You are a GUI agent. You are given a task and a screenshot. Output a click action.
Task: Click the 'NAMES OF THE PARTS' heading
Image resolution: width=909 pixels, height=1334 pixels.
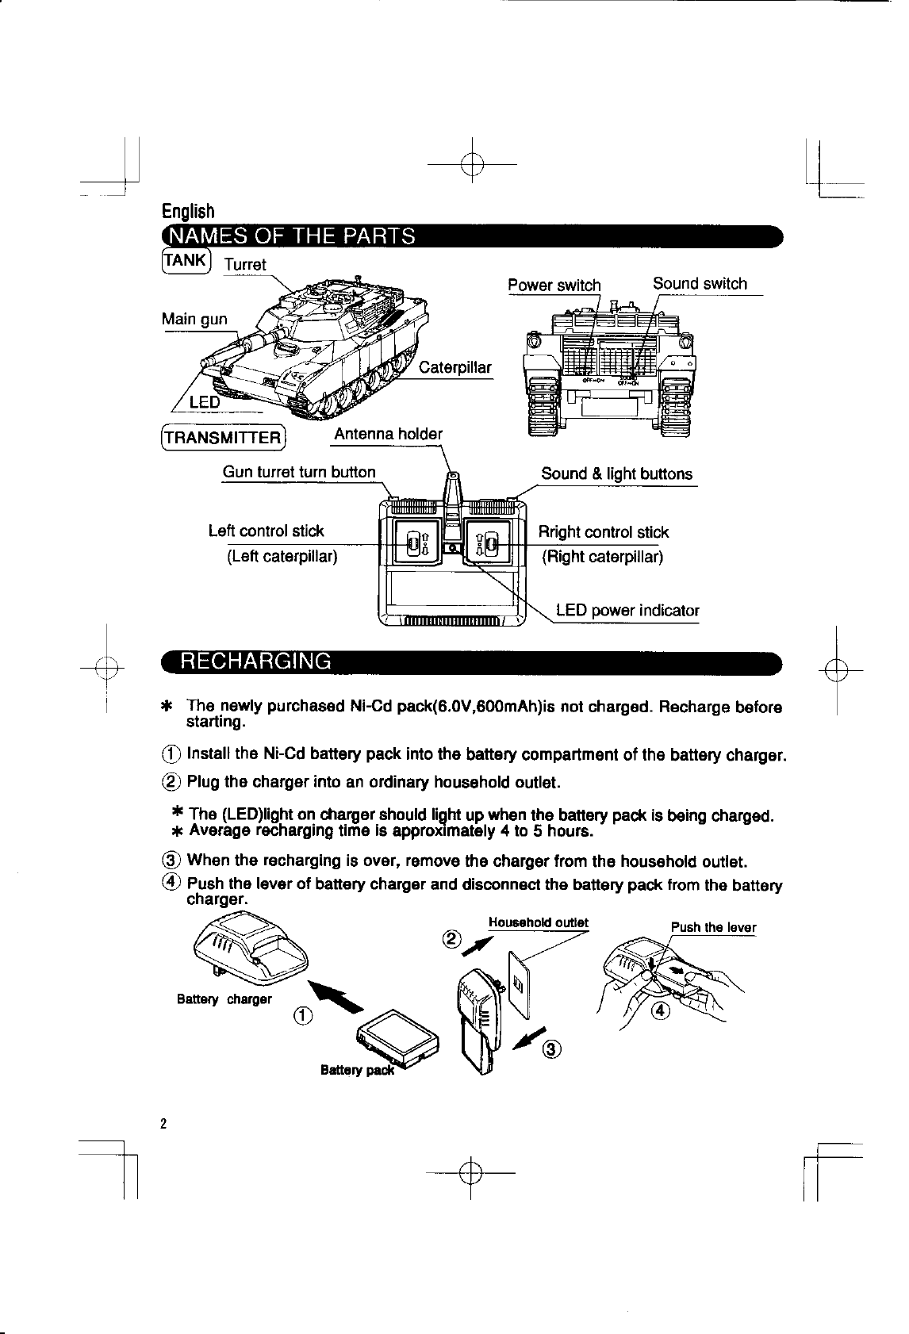click(290, 236)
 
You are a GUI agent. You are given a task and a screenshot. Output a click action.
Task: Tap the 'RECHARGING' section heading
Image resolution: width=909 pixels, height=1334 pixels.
click(255, 661)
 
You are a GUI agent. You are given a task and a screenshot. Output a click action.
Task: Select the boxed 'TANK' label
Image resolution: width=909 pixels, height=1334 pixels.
click(186, 260)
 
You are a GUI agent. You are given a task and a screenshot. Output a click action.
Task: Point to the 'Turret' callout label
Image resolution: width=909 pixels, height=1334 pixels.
click(245, 265)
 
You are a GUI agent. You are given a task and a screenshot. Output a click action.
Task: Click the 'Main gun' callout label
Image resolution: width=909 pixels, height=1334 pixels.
click(194, 320)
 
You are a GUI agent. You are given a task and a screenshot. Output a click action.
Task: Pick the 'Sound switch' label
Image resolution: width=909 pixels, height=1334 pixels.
click(700, 284)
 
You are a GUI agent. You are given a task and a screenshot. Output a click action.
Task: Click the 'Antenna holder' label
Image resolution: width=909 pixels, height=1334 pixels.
click(388, 434)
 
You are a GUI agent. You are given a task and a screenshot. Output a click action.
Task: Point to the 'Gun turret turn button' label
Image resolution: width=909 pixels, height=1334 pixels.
click(299, 473)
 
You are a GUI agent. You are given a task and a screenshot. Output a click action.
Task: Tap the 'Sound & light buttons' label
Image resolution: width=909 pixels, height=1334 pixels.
click(616, 474)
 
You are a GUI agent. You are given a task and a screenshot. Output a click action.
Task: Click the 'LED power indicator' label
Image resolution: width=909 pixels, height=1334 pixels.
click(627, 611)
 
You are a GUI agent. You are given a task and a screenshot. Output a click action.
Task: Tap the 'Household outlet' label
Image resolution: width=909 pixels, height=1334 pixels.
click(538, 922)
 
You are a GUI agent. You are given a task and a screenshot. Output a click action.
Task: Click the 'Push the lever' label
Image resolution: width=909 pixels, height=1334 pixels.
click(713, 928)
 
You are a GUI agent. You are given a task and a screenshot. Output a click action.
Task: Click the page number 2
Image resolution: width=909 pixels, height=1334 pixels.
click(163, 1124)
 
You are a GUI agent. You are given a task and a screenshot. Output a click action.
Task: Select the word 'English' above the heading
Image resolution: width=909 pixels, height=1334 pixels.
click(188, 212)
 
